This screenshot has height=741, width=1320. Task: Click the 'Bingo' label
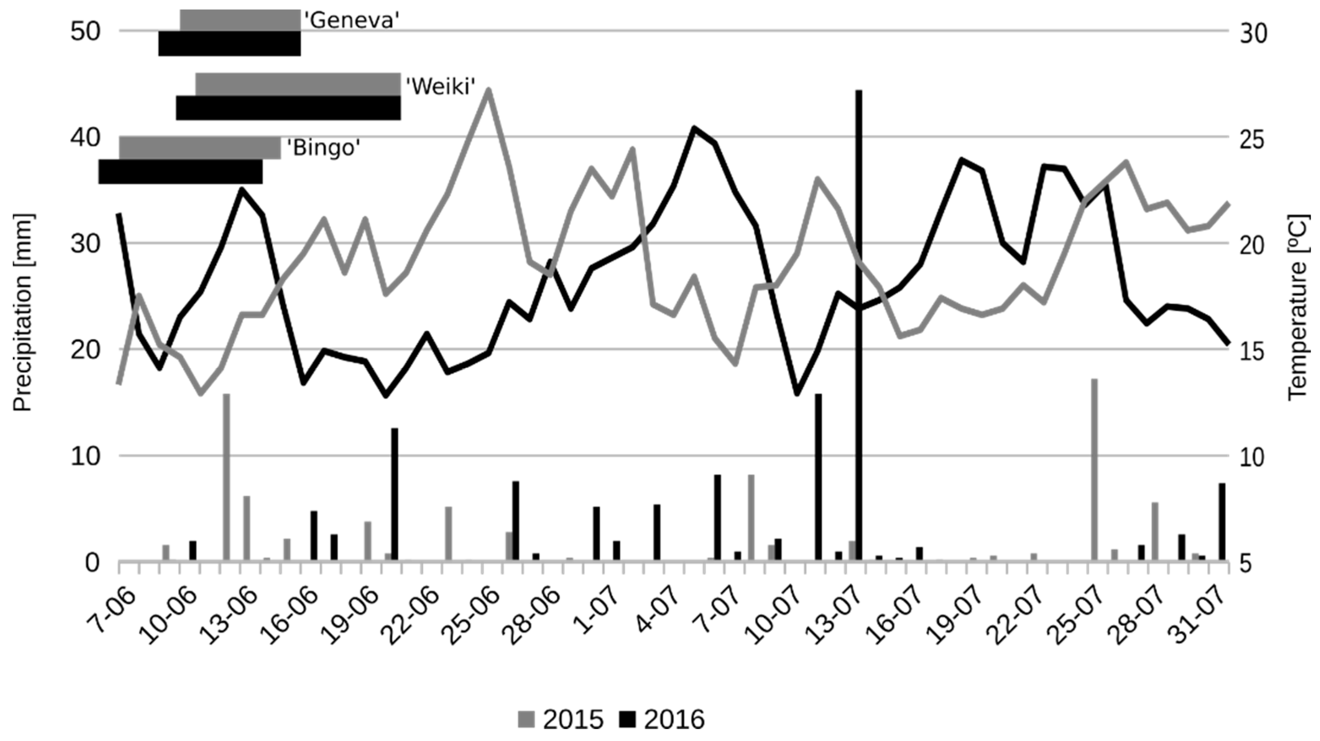point(323,149)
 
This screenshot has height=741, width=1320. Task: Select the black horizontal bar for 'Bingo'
point(180,172)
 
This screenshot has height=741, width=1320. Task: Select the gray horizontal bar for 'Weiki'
point(297,84)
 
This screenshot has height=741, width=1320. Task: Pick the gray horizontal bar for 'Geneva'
point(240,20)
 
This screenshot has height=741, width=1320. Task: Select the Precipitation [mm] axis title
point(23,312)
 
